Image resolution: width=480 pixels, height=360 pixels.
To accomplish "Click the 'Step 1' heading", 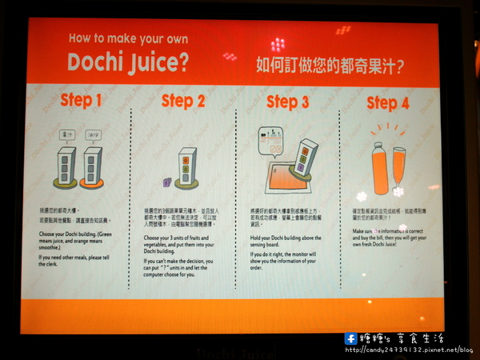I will point(81,101).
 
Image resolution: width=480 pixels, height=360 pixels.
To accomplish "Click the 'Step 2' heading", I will point(183,101).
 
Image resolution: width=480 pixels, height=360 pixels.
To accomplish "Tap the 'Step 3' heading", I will point(287,102).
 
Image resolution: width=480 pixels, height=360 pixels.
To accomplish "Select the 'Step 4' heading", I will point(387,102).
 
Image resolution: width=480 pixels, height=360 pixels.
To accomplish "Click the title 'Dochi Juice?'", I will point(128,62).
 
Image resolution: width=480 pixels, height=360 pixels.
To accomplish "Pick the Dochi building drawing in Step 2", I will point(186,167).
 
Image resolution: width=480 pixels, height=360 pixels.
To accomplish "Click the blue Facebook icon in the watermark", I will point(350,338).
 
